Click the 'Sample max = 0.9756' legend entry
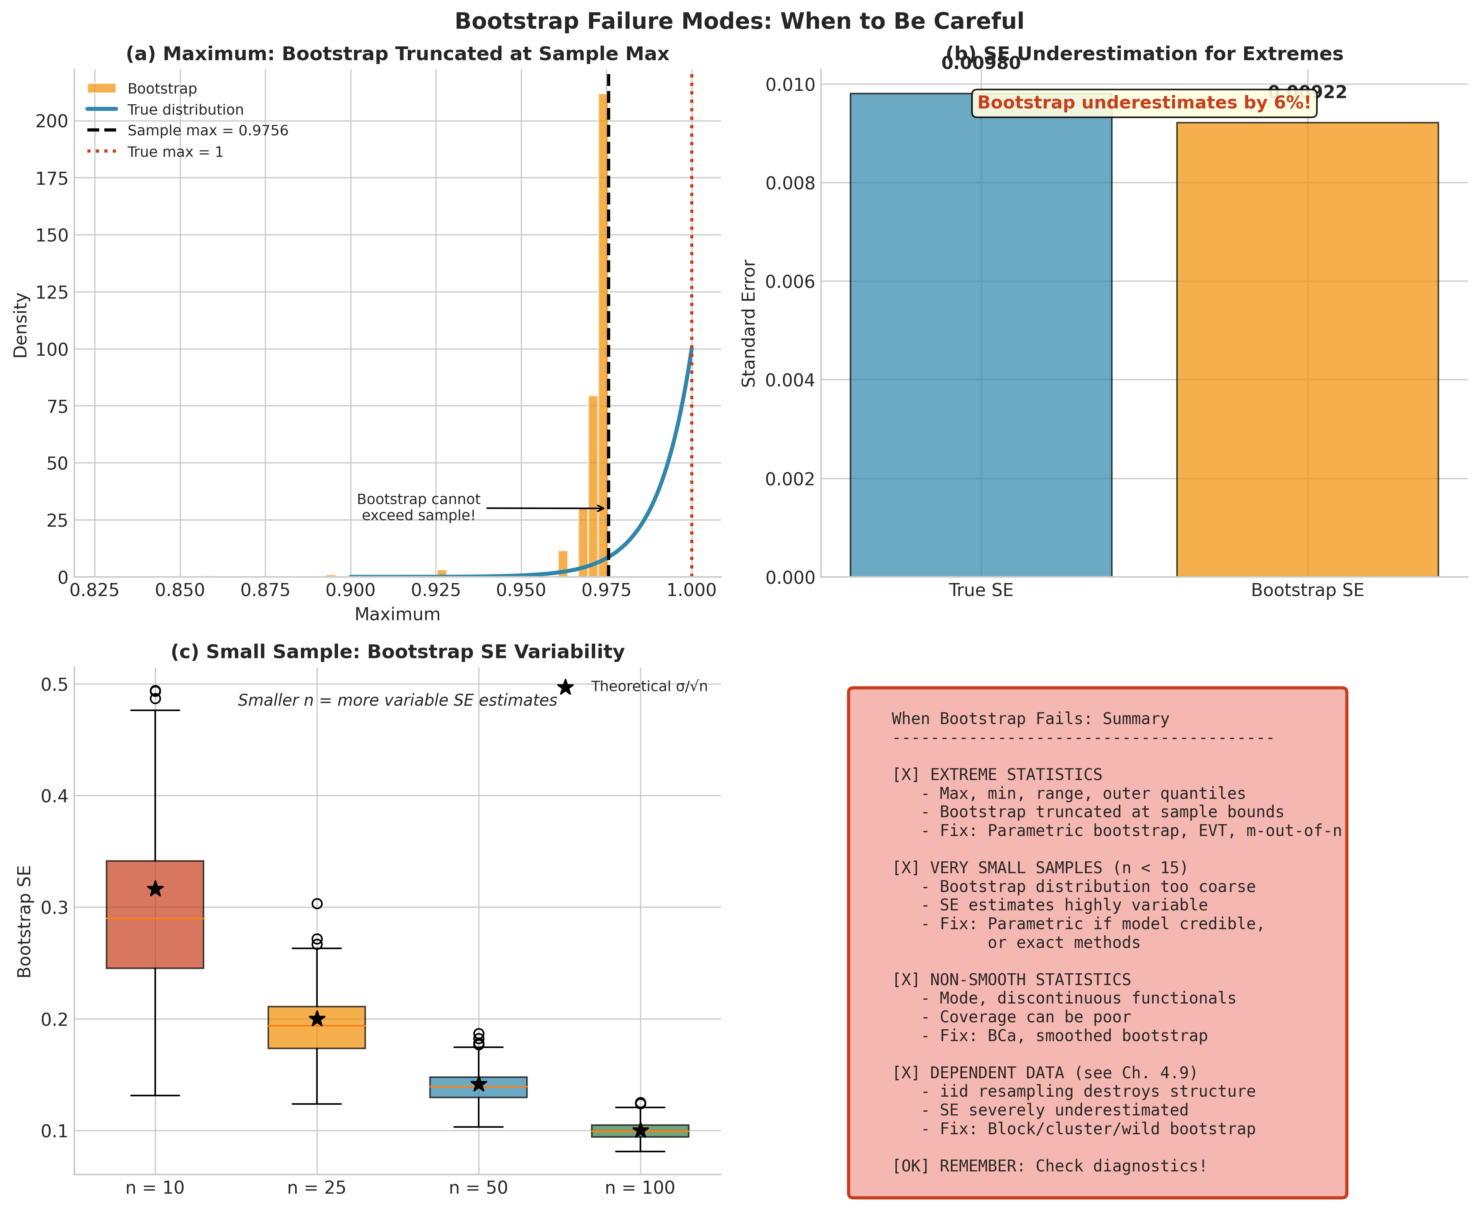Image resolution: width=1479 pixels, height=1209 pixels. pyautogui.click(x=207, y=131)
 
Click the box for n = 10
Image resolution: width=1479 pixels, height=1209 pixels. pyautogui.click(x=154, y=914)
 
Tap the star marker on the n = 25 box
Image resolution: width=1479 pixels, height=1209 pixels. pyautogui.click(x=317, y=1019)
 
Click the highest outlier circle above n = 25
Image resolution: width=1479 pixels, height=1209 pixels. pyautogui.click(x=317, y=904)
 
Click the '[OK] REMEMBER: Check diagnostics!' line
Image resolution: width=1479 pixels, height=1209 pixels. pyautogui.click(x=1049, y=1166)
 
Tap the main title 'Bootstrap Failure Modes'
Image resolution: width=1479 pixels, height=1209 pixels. pyautogui.click(x=739, y=21)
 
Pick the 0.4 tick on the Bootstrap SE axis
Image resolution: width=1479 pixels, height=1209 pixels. pyautogui.click(x=54, y=796)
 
